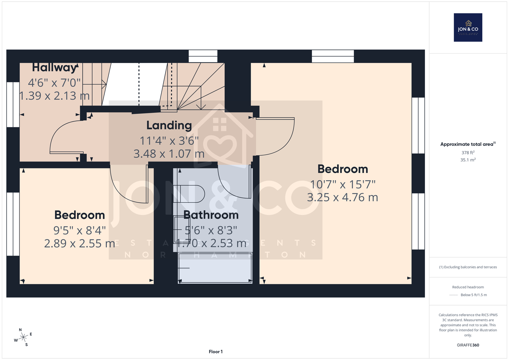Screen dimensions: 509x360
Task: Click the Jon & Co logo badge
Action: point(468,27)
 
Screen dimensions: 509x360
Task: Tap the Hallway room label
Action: point(54,67)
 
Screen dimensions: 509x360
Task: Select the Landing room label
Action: point(169,125)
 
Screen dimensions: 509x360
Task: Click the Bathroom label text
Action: point(211,215)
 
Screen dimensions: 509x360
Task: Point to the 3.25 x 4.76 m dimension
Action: point(342,197)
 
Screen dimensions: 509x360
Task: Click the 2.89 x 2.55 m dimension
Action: point(80,243)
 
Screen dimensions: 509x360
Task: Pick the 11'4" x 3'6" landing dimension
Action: point(169,141)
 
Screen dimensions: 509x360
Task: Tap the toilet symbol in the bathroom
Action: point(189,194)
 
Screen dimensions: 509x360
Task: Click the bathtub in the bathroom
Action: point(215,268)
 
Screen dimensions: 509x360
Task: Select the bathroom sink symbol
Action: point(178,230)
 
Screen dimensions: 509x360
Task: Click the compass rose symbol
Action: point(23,337)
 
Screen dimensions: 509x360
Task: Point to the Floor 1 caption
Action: point(216,352)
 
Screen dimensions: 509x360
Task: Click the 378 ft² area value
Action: point(468,152)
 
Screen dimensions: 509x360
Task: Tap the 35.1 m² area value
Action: point(468,160)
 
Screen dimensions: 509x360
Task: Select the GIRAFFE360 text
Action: point(468,345)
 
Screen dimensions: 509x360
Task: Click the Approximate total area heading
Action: point(468,144)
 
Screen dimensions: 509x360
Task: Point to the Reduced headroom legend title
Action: point(468,287)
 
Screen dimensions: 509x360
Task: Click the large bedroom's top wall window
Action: point(333,56)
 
